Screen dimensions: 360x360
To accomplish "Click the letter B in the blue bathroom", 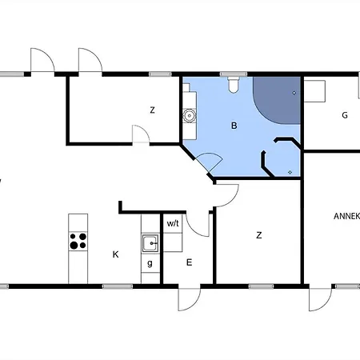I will pyautogui.click(x=234, y=126).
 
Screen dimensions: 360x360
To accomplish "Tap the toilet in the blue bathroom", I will pyautogui.click(x=234, y=84).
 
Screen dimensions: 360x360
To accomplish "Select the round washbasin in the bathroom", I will pyautogui.click(x=189, y=115).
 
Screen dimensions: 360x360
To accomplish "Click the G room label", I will pyautogui.click(x=345, y=115).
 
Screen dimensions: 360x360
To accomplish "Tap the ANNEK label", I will pyautogui.click(x=346, y=216).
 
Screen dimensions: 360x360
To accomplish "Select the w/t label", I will pyautogui.click(x=172, y=224).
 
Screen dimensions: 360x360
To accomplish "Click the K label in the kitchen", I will pyautogui.click(x=115, y=254).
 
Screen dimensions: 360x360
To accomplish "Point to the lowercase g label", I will pyautogui.click(x=150, y=263).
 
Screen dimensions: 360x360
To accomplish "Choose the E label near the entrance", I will pyautogui.click(x=189, y=262).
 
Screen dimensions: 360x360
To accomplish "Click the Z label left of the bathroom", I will pyautogui.click(x=151, y=110).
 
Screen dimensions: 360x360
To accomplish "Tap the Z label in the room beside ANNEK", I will pyautogui.click(x=258, y=235).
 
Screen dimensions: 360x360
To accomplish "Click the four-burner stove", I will pyautogui.click(x=78, y=241).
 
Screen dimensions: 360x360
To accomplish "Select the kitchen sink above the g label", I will pyautogui.click(x=150, y=242).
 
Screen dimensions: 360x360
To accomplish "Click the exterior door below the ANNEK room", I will pyautogui.click(x=319, y=297).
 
